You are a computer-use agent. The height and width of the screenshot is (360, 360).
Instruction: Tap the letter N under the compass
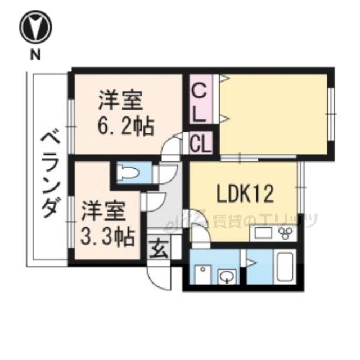click(x=35, y=55)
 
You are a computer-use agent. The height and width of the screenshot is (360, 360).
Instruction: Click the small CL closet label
click(x=200, y=144)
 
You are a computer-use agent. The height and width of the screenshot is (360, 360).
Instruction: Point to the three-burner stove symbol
click(x=286, y=233)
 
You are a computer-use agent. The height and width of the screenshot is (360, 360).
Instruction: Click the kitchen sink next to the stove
click(x=262, y=233)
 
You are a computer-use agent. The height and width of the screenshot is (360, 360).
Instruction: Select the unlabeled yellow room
click(x=273, y=112)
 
